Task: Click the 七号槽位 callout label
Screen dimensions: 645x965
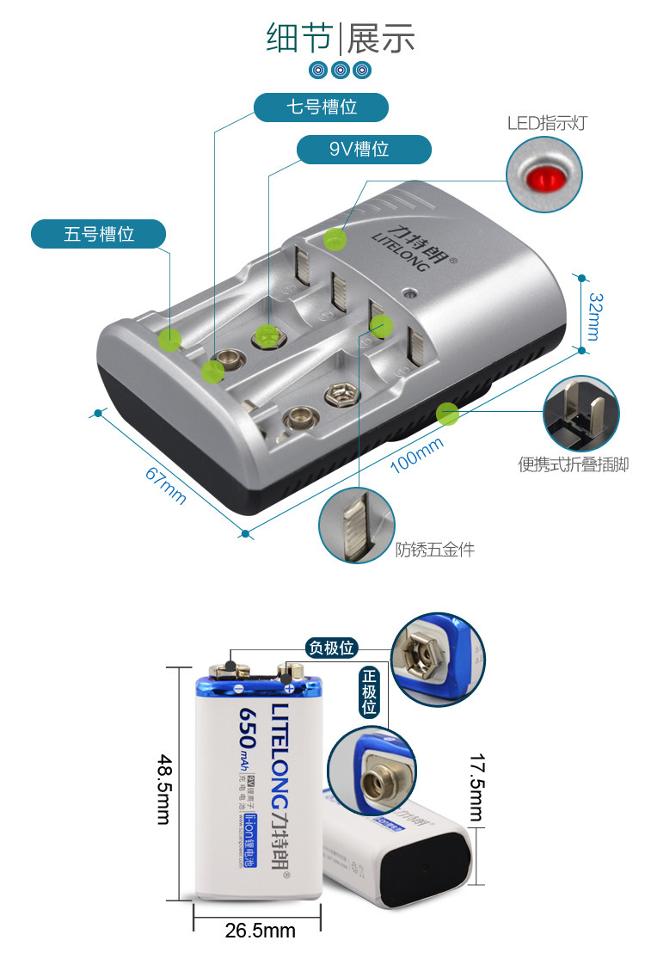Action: point(321,108)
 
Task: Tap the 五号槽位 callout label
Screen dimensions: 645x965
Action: point(99,233)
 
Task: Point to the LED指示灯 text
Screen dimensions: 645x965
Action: point(547,123)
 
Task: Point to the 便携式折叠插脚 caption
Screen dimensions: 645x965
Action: point(574,465)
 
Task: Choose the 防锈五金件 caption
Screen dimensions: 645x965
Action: point(435,549)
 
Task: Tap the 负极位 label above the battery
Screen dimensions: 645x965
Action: point(332,648)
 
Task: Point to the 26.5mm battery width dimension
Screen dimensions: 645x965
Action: point(260,930)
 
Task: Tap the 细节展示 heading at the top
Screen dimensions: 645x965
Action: point(341,38)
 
